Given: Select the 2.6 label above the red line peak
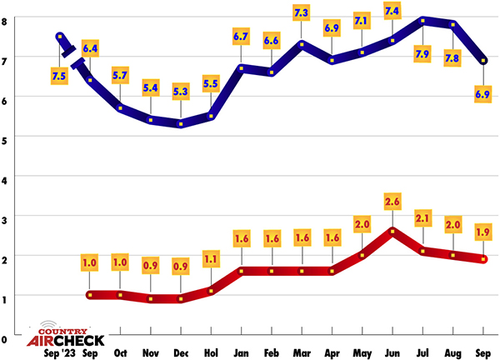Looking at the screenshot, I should click(x=392, y=201).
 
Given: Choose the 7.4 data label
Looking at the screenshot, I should click(x=392, y=11).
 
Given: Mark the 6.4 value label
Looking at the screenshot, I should click(x=90, y=48).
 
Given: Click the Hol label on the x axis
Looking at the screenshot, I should click(x=212, y=351).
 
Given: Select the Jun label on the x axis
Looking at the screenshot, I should click(x=392, y=351).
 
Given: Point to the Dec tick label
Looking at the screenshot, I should click(x=181, y=351).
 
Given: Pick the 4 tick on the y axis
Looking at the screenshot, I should click(x=5, y=178).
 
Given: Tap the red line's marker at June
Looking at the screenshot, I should click(x=392, y=230).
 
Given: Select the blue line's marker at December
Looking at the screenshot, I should click(x=181, y=124).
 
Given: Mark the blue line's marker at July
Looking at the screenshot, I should click(x=424, y=21).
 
